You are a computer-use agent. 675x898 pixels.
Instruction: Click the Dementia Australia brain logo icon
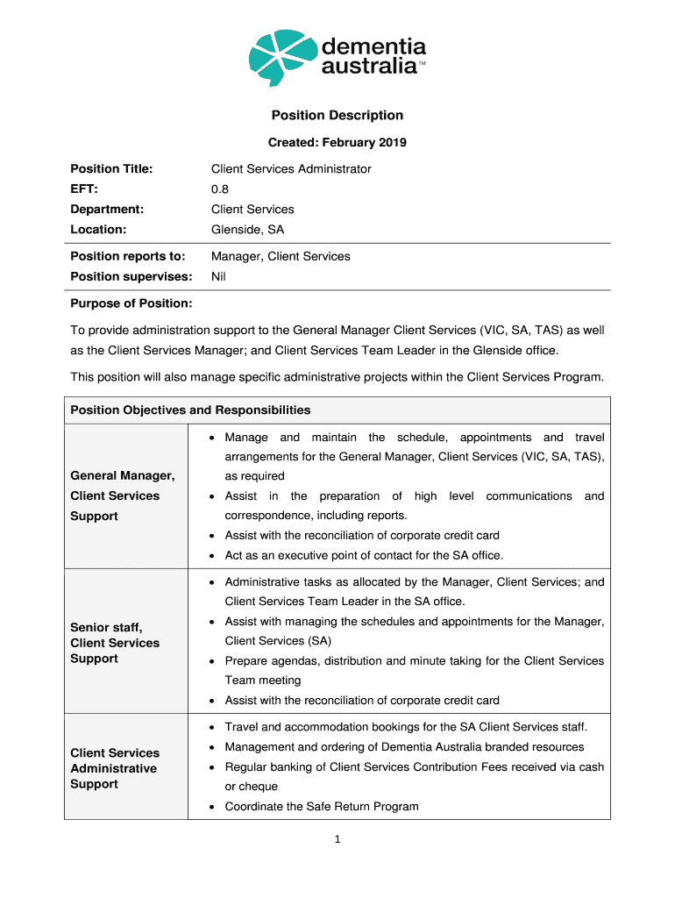[x=281, y=57]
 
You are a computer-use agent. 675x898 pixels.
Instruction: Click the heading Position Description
[x=337, y=115]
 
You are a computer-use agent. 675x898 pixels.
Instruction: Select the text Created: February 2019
[x=337, y=142]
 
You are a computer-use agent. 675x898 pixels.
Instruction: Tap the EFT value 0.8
[x=220, y=189]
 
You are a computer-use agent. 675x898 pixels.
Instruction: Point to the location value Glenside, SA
[x=248, y=229]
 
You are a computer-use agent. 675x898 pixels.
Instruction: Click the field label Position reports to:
[x=128, y=256]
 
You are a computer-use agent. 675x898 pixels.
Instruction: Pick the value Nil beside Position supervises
[x=219, y=276]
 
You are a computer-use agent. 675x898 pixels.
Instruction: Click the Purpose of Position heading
[x=131, y=303]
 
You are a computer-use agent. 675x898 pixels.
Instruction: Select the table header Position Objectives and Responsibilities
[x=190, y=410]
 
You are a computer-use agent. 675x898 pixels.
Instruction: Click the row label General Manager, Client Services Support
[x=123, y=495]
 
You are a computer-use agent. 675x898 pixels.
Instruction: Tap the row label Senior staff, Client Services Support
[x=115, y=643]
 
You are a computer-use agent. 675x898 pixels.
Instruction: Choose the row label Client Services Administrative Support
[x=115, y=768]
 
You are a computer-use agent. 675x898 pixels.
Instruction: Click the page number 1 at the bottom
[x=337, y=839]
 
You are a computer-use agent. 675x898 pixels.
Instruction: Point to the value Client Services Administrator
[x=291, y=168]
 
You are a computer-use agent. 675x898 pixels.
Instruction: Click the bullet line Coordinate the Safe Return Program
[x=322, y=806]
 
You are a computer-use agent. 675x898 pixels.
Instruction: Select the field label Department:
[x=107, y=209]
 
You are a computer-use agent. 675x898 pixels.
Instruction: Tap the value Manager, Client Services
[x=281, y=256]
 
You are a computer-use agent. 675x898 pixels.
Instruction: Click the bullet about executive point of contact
[x=364, y=555]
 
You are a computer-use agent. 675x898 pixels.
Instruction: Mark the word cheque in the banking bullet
[x=259, y=787]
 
